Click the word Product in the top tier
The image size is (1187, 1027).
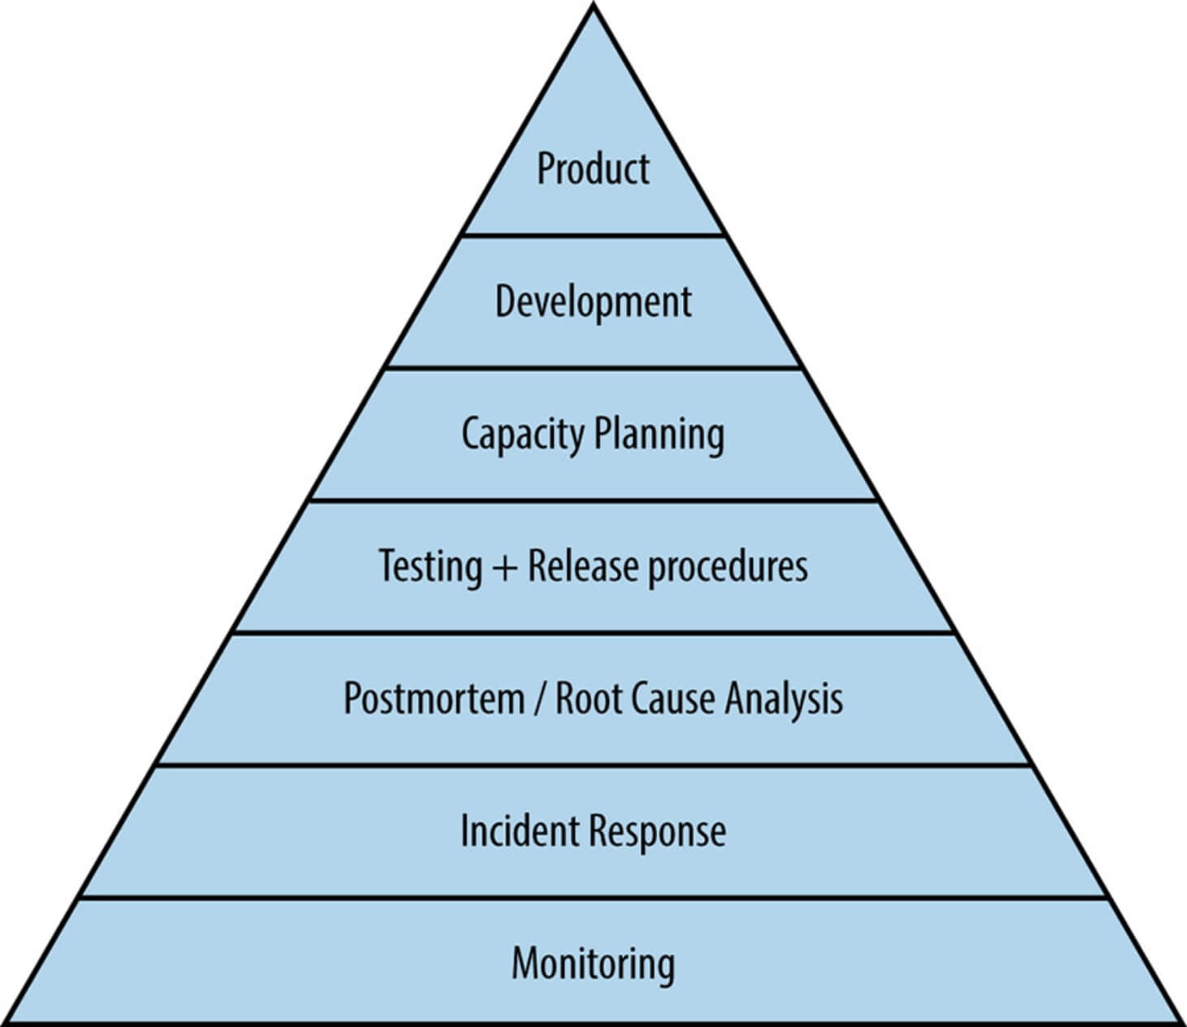(x=593, y=169)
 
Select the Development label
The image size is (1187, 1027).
(x=593, y=302)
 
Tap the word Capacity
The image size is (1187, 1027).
(x=523, y=435)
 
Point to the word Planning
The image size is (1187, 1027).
(x=659, y=435)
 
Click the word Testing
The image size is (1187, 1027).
(x=431, y=567)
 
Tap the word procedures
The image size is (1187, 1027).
(x=728, y=567)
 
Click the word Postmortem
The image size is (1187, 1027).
(x=434, y=699)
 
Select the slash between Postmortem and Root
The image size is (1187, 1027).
(x=540, y=699)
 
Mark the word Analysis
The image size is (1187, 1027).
(x=784, y=700)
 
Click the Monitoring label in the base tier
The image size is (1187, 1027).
(x=593, y=964)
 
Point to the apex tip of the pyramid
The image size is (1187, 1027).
(x=593, y=3)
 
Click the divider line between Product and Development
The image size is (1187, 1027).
(x=593, y=235)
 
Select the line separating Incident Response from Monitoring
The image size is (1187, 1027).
(x=593, y=897)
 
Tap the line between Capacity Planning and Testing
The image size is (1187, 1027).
(x=593, y=501)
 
